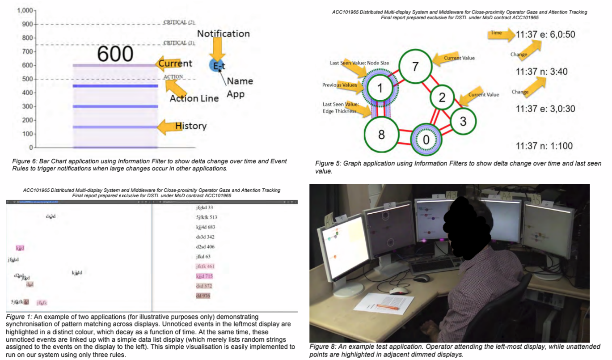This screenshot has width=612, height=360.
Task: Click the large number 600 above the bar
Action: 115,54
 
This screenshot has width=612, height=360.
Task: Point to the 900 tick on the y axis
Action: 28,24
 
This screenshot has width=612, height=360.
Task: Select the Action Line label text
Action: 194,98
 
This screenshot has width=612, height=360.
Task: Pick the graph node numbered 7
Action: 415,67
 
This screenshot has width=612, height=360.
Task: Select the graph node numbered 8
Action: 381,134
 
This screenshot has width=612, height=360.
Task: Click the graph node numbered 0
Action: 426,140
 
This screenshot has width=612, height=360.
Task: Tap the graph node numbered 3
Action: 463,121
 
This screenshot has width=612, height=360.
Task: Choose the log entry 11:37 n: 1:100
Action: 544,146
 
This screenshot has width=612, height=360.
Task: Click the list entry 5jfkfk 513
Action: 207,217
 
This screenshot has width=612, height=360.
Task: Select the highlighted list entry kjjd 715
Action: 204,276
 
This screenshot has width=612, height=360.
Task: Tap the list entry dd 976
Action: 203,296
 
